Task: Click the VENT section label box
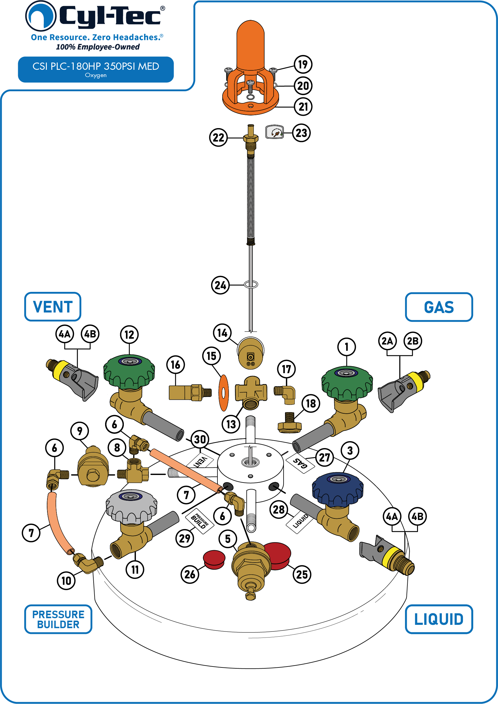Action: [53, 306]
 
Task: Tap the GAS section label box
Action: [439, 307]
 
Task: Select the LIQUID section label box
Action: [439, 619]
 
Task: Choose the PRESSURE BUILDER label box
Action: [58, 619]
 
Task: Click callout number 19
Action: [303, 64]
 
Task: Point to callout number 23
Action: [301, 133]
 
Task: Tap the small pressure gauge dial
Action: [275, 132]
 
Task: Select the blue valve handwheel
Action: [338, 489]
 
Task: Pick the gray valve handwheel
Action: [132, 506]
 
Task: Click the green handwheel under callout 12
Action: [129, 372]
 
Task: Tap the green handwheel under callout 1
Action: [347, 383]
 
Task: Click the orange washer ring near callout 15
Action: [223, 393]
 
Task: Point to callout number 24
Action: [220, 285]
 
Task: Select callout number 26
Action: [190, 574]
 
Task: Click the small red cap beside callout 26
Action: [214, 560]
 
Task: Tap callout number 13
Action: [231, 424]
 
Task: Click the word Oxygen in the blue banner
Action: [96, 75]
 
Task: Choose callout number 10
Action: [66, 581]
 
